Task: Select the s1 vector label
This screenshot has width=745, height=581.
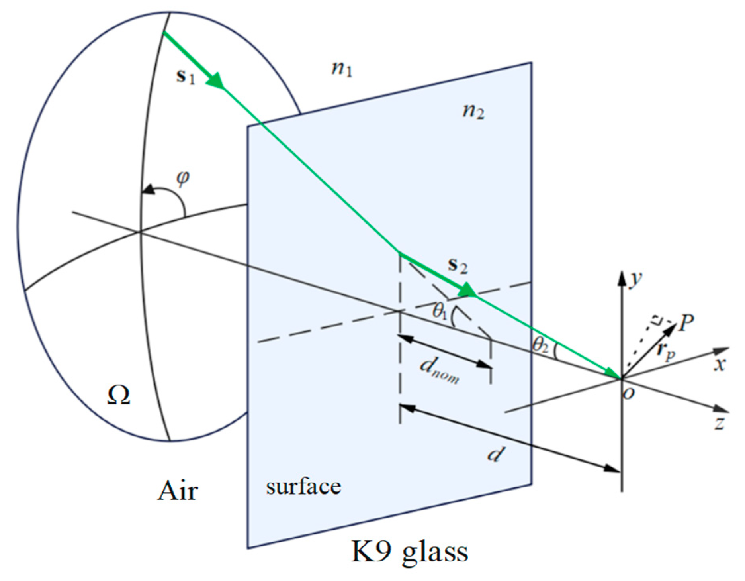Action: (186, 76)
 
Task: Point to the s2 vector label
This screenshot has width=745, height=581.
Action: (458, 265)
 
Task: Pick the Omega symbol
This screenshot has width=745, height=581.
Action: (118, 396)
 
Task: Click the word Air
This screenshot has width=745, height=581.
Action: (178, 491)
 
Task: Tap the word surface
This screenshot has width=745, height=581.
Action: (303, 487)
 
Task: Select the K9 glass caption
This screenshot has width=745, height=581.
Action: (409, 552)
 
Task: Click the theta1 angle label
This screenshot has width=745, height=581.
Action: (440, 311)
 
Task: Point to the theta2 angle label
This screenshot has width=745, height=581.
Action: (540, 345)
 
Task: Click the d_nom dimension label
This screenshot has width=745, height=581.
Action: (439, 371)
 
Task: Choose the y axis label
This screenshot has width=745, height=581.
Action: (635, 279)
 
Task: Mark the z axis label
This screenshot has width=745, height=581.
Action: (719, 423)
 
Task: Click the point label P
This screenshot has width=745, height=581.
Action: (686, 322)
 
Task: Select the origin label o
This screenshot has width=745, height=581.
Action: (629, 394)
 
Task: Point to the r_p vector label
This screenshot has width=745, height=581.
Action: (665, 351)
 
